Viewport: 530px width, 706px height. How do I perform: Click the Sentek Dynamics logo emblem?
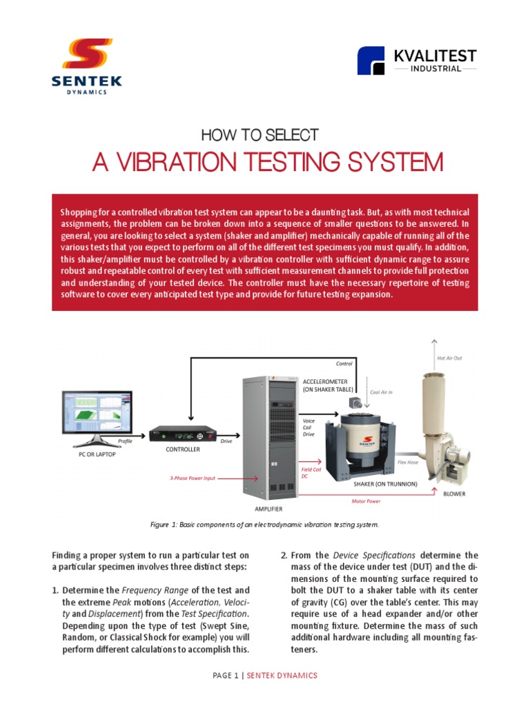[87, 56]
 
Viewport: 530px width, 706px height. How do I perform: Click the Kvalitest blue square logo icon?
[371, 61]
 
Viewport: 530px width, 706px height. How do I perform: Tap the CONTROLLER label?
[183, 450]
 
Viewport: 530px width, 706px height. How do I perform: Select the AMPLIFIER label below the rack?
[268, 509]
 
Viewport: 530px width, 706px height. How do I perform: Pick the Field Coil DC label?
[310, 472]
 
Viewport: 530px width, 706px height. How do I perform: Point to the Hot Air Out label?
[449, 359]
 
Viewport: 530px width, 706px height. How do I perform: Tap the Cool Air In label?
[382, 392]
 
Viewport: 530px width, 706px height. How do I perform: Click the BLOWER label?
[454, 494]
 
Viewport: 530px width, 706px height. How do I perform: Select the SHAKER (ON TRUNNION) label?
[385, 484]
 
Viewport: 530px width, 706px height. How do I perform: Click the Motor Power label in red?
[366, 501]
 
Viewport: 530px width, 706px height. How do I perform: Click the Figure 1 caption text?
[264, 525]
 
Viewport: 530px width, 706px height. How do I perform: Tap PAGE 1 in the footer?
[228, 675]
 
